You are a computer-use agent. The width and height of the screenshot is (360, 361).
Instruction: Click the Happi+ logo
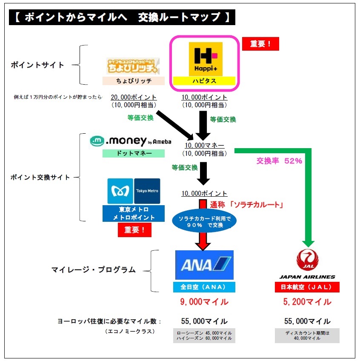[x=206, y=59]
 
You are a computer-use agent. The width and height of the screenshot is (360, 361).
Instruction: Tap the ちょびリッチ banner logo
[x=133, y=66]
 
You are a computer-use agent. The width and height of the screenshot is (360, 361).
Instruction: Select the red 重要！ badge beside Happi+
[x=260, y=44]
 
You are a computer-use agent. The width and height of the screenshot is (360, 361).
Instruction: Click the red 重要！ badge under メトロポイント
[x=134, y=230]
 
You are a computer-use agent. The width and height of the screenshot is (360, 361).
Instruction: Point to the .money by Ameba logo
[x=131, y=141]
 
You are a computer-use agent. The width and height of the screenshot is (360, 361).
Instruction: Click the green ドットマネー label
[x=134, y=153]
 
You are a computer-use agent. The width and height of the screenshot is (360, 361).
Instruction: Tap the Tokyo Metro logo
[x=134, y=191]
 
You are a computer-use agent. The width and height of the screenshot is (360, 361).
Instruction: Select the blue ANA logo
[x=204, y=265]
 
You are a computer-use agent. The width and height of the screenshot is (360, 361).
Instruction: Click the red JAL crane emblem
[x=308, y=260]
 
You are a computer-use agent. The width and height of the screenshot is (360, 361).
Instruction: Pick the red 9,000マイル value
[x=204, y=302]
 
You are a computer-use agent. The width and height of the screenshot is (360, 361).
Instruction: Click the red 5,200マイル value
[x=308, y=302]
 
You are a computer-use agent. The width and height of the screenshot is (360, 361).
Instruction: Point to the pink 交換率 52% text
[x=279, y=160]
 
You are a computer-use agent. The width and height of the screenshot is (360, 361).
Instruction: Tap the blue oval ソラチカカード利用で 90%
[x=204, y=221]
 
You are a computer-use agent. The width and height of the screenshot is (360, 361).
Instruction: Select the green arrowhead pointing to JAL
[x=308, y=244]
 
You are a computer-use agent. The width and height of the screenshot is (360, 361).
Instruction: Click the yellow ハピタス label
[x=204, y=81]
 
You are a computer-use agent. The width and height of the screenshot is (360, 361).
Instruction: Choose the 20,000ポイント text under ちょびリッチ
[x=134, y=97]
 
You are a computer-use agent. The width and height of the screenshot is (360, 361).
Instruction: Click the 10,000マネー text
[x=204, y=146]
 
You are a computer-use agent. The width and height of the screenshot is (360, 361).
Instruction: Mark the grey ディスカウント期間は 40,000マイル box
[x=307, y=336]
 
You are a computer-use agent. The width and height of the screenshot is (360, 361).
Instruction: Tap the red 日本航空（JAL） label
[x=307, y=287]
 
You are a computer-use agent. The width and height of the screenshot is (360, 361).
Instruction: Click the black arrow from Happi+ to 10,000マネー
[x=203, y=126]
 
